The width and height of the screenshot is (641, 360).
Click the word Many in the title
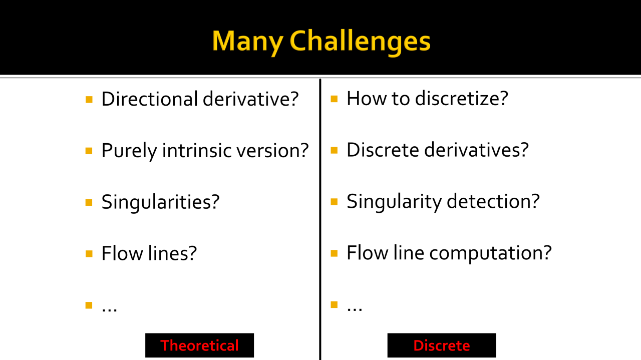[x=247, y=42]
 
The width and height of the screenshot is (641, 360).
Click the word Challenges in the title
[x=360, y=42]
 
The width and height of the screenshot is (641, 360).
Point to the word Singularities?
[x=161, y=202]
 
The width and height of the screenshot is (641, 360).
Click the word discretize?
[x=461, y=98]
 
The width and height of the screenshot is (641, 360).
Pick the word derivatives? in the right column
[x=476, y=150]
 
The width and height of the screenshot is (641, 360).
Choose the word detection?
[x=493, y=201]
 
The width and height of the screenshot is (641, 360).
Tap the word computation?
[x=490, y=253]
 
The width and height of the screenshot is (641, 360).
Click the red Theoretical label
[x=199, y=345]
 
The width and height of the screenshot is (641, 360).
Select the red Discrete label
[x=442, y=345]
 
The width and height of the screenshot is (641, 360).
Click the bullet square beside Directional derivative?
[x=89, y=100]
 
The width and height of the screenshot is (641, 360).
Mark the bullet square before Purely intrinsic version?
[x=89, y=151]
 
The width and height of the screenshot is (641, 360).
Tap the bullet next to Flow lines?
[x=89, y=254]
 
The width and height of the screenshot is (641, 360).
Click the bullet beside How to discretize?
[x=334, y=99]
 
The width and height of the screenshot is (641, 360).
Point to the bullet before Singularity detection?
[x=334, y=202]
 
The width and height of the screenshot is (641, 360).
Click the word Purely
[x=129, y=151]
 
